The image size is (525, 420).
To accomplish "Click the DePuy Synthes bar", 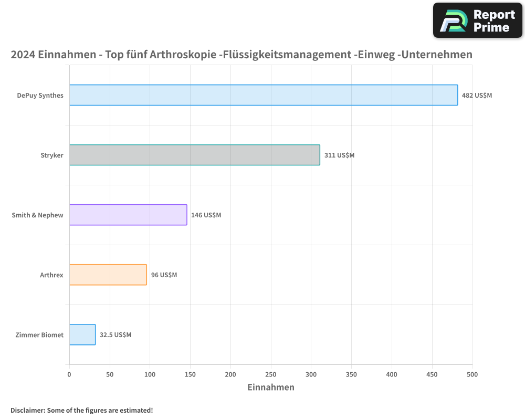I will tap(264, 95).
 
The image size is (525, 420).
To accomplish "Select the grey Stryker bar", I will tap(194, 155).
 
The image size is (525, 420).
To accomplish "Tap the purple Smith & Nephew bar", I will tap(128, 215).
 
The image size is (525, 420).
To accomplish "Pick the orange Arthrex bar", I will tap(108, 275).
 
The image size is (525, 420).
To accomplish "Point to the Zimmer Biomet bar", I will tap(82, 334).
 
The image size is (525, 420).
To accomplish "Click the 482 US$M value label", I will tap(477, 96).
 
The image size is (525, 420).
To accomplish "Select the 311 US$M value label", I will tap(339, 155).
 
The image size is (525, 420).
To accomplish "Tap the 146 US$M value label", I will tap(206, 215).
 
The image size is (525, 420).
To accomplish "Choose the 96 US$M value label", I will tap(164, 275).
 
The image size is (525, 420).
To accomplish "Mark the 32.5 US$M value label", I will tap(115, 335).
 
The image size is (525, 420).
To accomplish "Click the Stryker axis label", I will tap(52, 155).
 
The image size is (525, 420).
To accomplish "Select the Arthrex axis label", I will tap(51, 275).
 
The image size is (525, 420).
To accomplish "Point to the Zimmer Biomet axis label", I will tap(39, 335).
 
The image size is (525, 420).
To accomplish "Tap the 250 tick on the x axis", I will tap(271, 374).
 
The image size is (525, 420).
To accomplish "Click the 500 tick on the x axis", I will tap(472, 374).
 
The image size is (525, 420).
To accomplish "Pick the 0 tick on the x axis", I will tap(69, 374).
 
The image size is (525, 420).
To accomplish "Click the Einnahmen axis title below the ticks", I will tap(271, 387).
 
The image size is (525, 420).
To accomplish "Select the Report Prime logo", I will tap(477, 20).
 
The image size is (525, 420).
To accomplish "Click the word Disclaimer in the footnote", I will tap(27, 410).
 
